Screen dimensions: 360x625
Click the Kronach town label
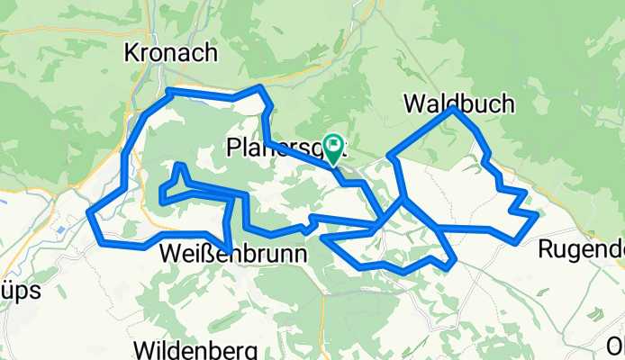click(x=172, y=52)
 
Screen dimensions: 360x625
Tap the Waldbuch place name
click(x=459, y=103)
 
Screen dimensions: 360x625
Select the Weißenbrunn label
click(x=232, y=255)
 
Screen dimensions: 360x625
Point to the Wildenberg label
click(x=195, y=349)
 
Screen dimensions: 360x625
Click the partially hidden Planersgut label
click(x=275, y=146)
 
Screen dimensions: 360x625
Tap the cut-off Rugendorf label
click(x=580, y=248)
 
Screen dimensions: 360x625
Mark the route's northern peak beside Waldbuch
click(x=454, y=109)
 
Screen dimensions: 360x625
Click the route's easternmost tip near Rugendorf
click(x=537, y=214)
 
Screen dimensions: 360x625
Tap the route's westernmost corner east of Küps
click(x=90, y=212)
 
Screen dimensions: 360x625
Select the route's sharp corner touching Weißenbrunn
click(x=231, y=251)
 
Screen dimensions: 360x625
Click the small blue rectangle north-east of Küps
click(x=60, y=229)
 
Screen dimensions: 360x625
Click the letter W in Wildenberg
click(x=142, y=349)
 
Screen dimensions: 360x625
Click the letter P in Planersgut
click(x=234, y=146)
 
